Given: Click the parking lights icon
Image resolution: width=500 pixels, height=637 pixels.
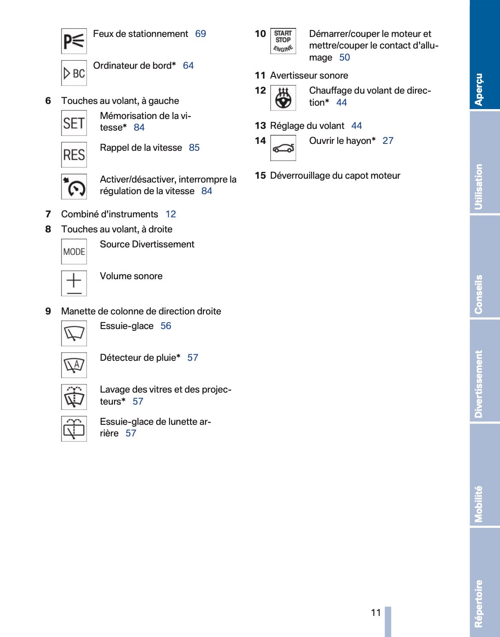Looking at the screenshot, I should click(x=74, y=41).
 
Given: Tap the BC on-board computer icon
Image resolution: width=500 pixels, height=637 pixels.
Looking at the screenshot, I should click(x=74, y=73).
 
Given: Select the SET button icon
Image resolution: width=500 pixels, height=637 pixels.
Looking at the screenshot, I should click(x=74, y=123).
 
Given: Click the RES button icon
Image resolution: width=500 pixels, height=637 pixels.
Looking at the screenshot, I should click(x=74, y=155).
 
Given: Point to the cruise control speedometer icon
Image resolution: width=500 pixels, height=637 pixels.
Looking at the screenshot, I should click(x=74, y=186).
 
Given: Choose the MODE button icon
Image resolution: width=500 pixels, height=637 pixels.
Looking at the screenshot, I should click(x=74, y=252).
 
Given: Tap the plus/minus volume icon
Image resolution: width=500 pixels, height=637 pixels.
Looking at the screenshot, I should click(x=74, y=283).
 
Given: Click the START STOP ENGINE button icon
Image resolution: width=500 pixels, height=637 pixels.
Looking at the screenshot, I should click(x=283, y=41).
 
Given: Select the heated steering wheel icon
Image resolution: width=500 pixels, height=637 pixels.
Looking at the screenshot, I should click(x=283, y=98).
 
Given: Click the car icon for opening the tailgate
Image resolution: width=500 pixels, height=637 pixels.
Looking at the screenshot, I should click(x=283, y=148).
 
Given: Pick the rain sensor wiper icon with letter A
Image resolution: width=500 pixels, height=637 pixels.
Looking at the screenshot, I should click(x=74, y=365).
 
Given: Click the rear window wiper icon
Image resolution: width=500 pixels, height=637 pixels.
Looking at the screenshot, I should click(x=74, y=429).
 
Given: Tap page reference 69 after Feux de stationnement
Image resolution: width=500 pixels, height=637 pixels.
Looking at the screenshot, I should click(x=200, y=34).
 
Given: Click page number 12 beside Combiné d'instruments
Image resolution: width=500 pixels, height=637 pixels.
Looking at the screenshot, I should click(x=171, y=214).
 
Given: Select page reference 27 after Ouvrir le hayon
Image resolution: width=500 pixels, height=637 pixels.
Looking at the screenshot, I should click(x=388, y=141).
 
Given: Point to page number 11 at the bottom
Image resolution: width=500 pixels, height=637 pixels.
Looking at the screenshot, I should click(x=376, y=613).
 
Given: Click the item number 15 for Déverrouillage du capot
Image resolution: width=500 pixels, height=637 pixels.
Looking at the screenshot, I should click(x=260, y=176).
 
